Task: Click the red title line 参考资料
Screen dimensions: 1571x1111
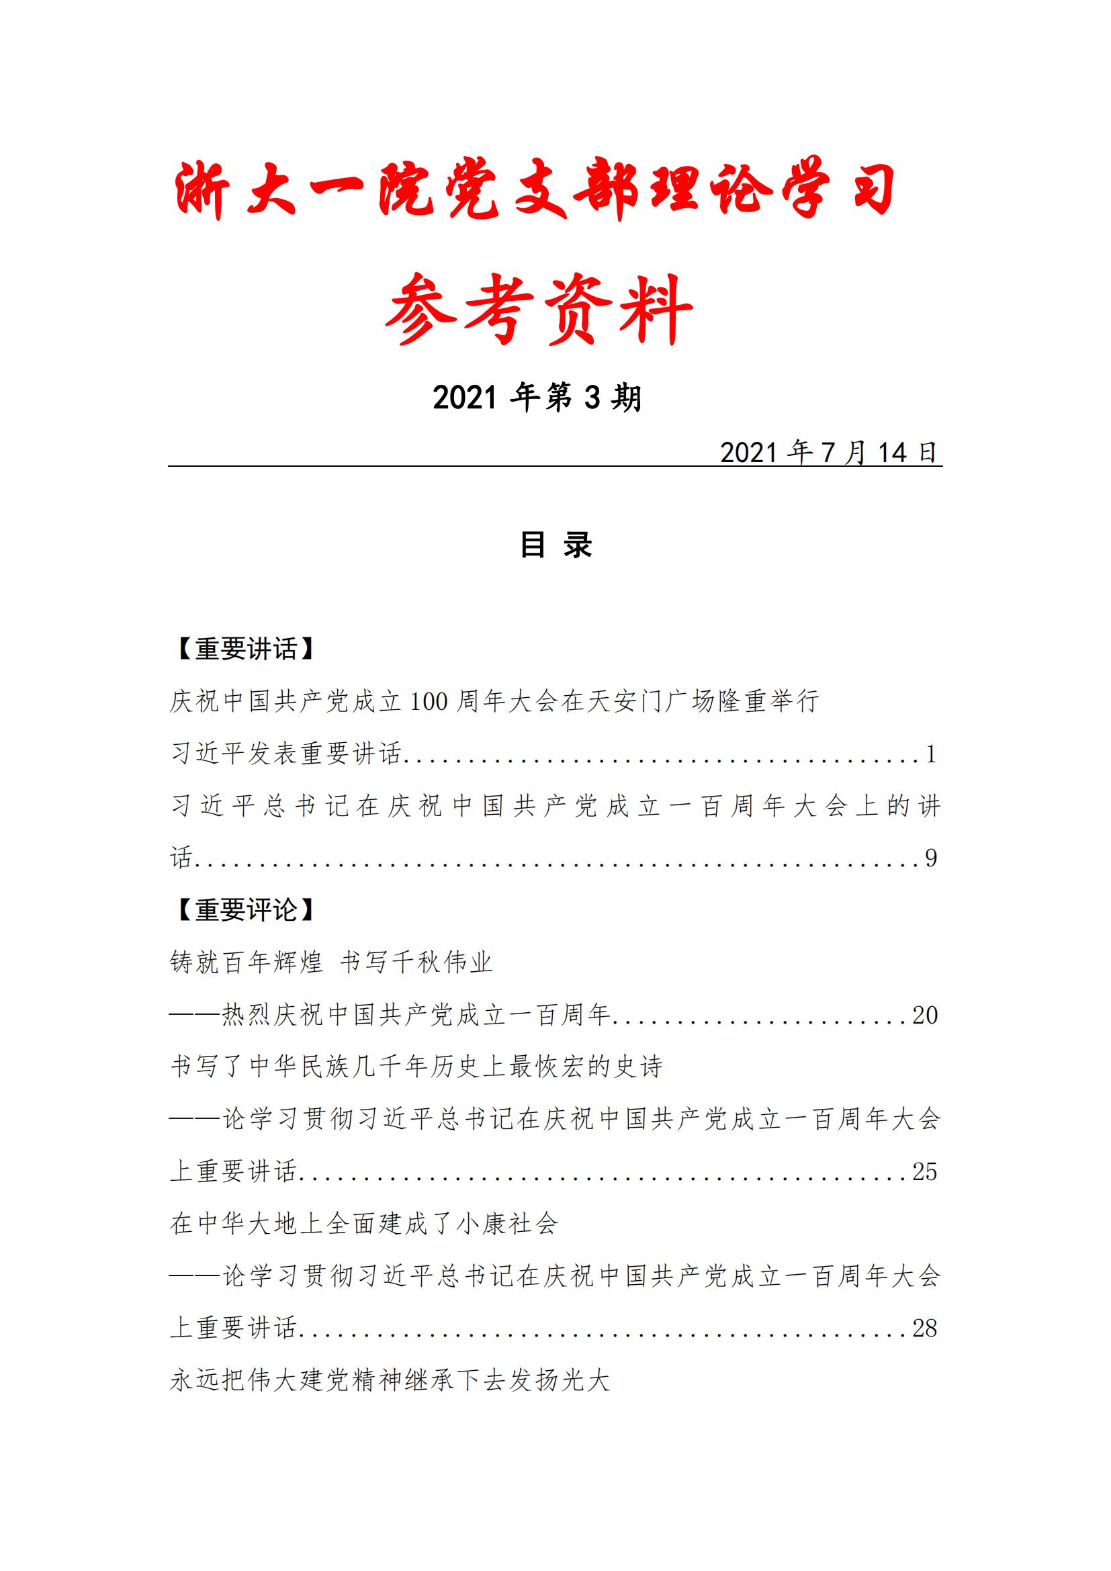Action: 539,309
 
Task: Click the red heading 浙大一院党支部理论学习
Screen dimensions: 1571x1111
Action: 535,191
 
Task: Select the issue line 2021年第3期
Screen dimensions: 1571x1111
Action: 538,398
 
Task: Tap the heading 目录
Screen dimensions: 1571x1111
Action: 555,545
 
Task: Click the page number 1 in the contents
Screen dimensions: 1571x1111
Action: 930,754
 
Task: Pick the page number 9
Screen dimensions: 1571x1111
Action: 930,858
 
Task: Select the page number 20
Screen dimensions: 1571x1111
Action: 924,1015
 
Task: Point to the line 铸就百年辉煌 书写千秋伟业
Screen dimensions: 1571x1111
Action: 331,962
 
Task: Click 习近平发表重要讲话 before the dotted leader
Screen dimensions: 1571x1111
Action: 285,754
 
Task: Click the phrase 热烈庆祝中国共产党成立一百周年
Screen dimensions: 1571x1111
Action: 416,1015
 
